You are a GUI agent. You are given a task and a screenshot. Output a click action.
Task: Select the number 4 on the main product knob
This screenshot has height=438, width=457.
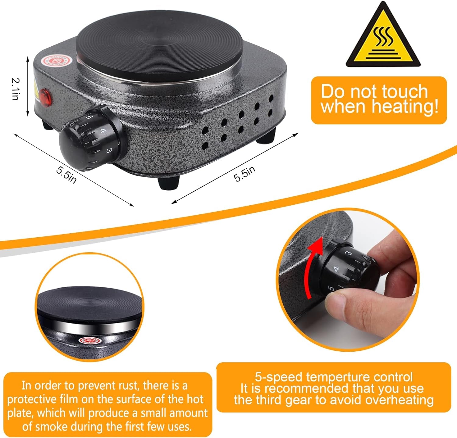(x=103, y=131)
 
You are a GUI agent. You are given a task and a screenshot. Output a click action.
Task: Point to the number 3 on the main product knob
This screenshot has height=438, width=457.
(x=109, y=150)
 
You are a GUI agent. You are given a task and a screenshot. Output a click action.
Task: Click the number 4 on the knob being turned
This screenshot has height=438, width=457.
(x=336, y=269)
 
